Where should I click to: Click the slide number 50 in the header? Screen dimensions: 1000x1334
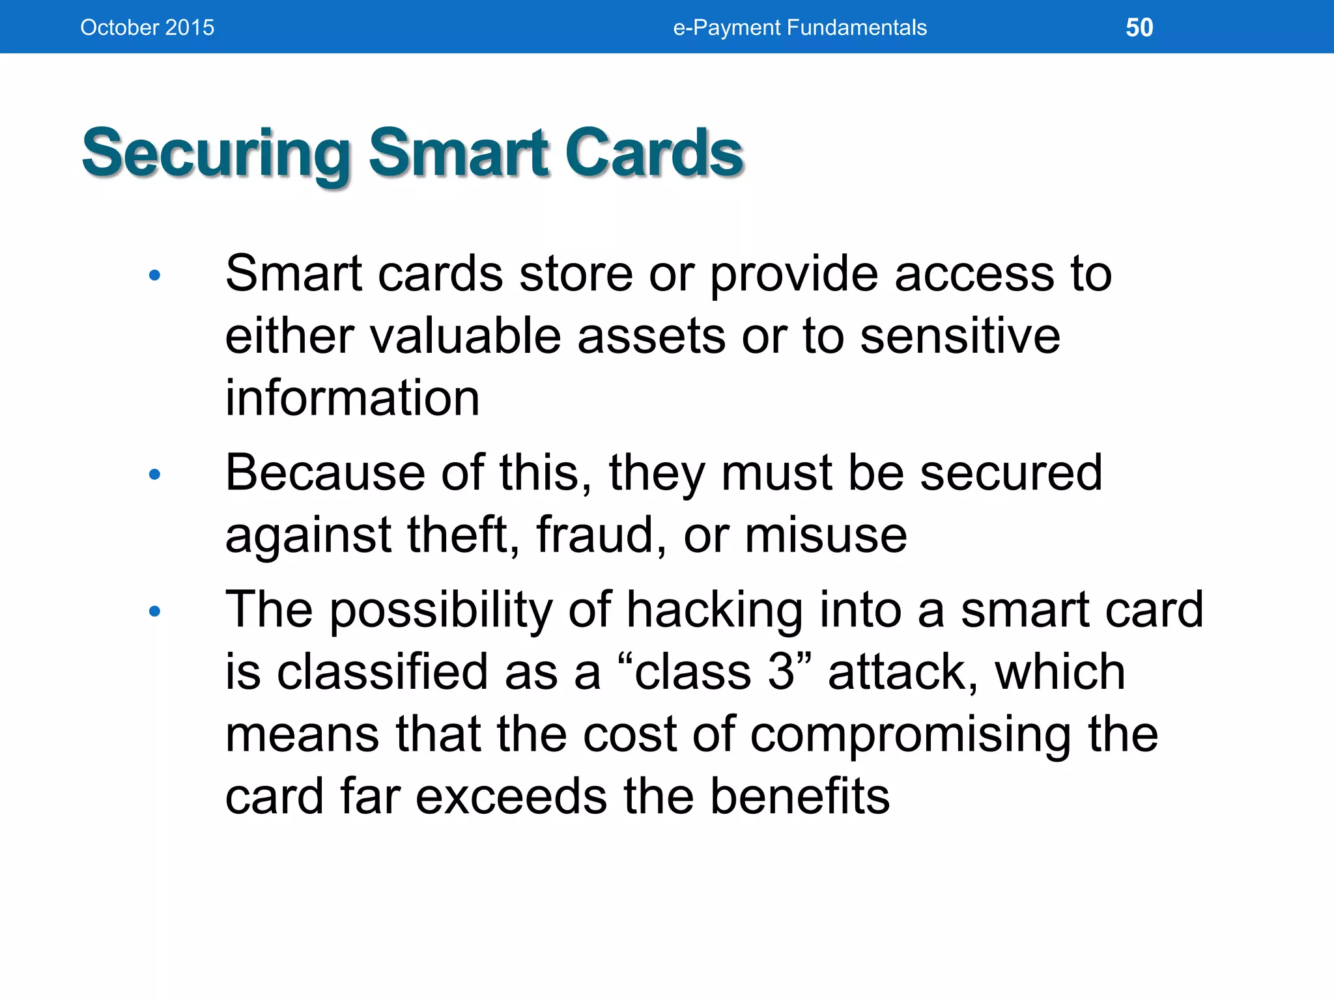pos(1139,27)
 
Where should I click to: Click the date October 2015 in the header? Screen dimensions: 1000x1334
pos(147,27)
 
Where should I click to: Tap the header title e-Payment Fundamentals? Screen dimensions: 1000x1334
pos(799,27)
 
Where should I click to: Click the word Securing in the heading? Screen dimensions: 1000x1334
pos(216,154)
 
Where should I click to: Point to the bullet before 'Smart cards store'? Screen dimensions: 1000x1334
pos(154,276)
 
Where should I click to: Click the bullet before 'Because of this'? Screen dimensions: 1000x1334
pos(154,475)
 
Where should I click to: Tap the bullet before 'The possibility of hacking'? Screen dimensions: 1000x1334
pos(154,611)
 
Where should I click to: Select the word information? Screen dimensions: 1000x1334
pos(352,398)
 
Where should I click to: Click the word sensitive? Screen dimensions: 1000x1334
pos(960,336)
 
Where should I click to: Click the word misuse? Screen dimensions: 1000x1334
pos(825,535)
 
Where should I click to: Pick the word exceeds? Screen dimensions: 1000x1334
pos(511,796)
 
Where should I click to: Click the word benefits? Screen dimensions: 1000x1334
pos(799,796)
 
